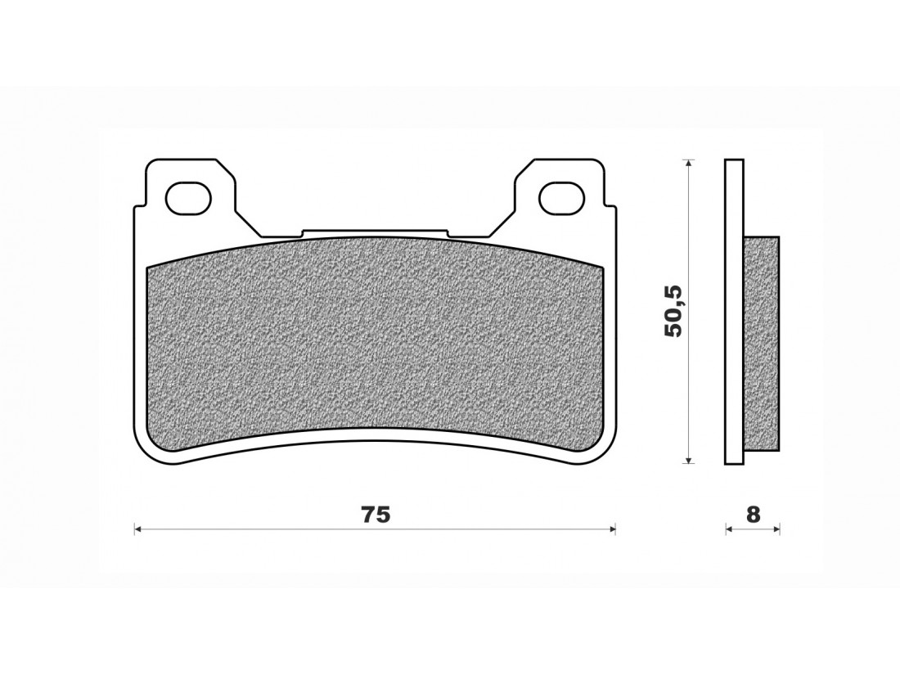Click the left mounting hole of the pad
(187, 197)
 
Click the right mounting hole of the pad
(561, 197)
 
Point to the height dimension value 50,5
(672, 311)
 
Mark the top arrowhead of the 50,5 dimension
(690, 163)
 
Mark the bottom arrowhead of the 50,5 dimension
(690, 459)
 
